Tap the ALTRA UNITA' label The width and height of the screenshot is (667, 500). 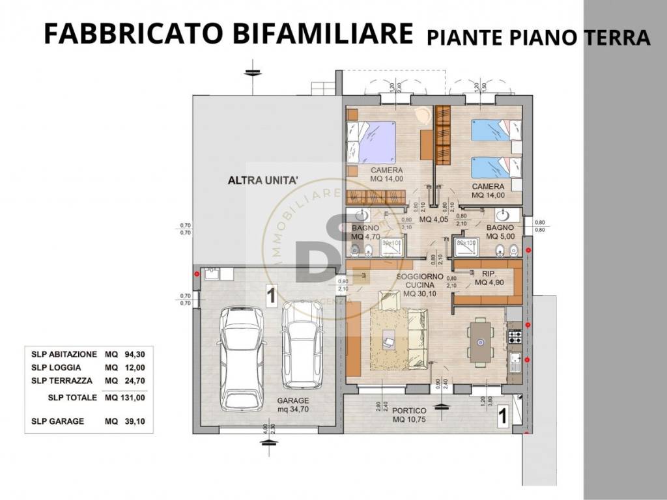point(263,180)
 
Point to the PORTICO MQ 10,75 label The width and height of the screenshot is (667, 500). point(409,415)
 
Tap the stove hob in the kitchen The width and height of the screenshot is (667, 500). point(515,337)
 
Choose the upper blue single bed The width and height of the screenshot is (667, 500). point(496,130)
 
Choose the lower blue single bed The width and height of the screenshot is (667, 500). point(496,167)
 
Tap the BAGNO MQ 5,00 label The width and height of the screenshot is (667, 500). point(499,232)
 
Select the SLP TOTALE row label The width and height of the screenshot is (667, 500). point(72,397)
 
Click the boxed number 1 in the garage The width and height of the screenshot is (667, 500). point(272,296)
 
